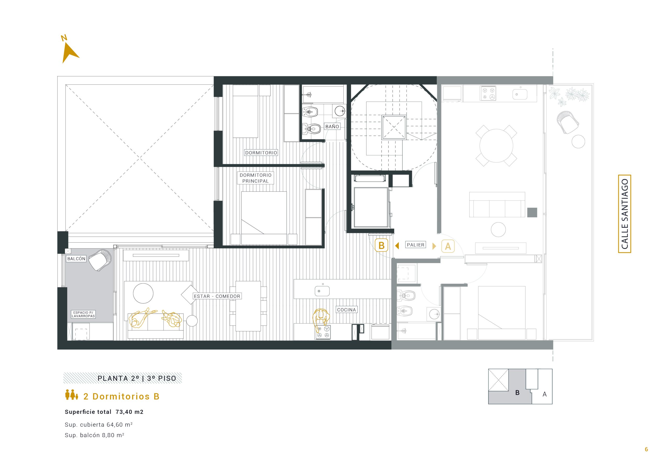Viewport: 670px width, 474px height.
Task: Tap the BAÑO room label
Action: [x=332, y=127]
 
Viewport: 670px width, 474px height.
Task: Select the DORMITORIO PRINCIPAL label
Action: [x=256, y=178]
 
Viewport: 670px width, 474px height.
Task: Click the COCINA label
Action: [x=346, y=310]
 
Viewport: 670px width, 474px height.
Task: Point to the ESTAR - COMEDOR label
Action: [x=217, y=296]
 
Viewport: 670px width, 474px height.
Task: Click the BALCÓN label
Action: [x=76, y=259]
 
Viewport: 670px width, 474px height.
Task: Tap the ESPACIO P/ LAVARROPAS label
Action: [x=83, y=314]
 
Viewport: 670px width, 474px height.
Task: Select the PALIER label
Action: [x=416, y=245]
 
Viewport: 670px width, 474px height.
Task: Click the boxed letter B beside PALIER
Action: [x=381, y=246]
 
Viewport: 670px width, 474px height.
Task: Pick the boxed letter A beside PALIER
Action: [x=448, y=246]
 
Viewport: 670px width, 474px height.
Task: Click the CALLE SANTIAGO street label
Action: [x=624, y=214]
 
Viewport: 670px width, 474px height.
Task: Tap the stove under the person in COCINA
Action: [x=322, y=332]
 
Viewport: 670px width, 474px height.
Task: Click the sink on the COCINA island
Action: [x=322, y=291]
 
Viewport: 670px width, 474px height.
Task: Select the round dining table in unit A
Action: [x=496, y=146]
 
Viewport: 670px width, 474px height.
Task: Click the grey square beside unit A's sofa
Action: [x=532, y=213]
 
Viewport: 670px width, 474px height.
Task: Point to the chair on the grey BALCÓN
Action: [x=100, y=260]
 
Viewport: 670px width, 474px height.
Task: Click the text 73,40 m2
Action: [x=130, y=412]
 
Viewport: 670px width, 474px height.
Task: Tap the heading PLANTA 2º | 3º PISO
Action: [x=137, y=378]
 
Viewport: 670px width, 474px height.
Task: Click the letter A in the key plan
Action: [x=545, y=394]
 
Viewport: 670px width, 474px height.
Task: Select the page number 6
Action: [x=646, y=449]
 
